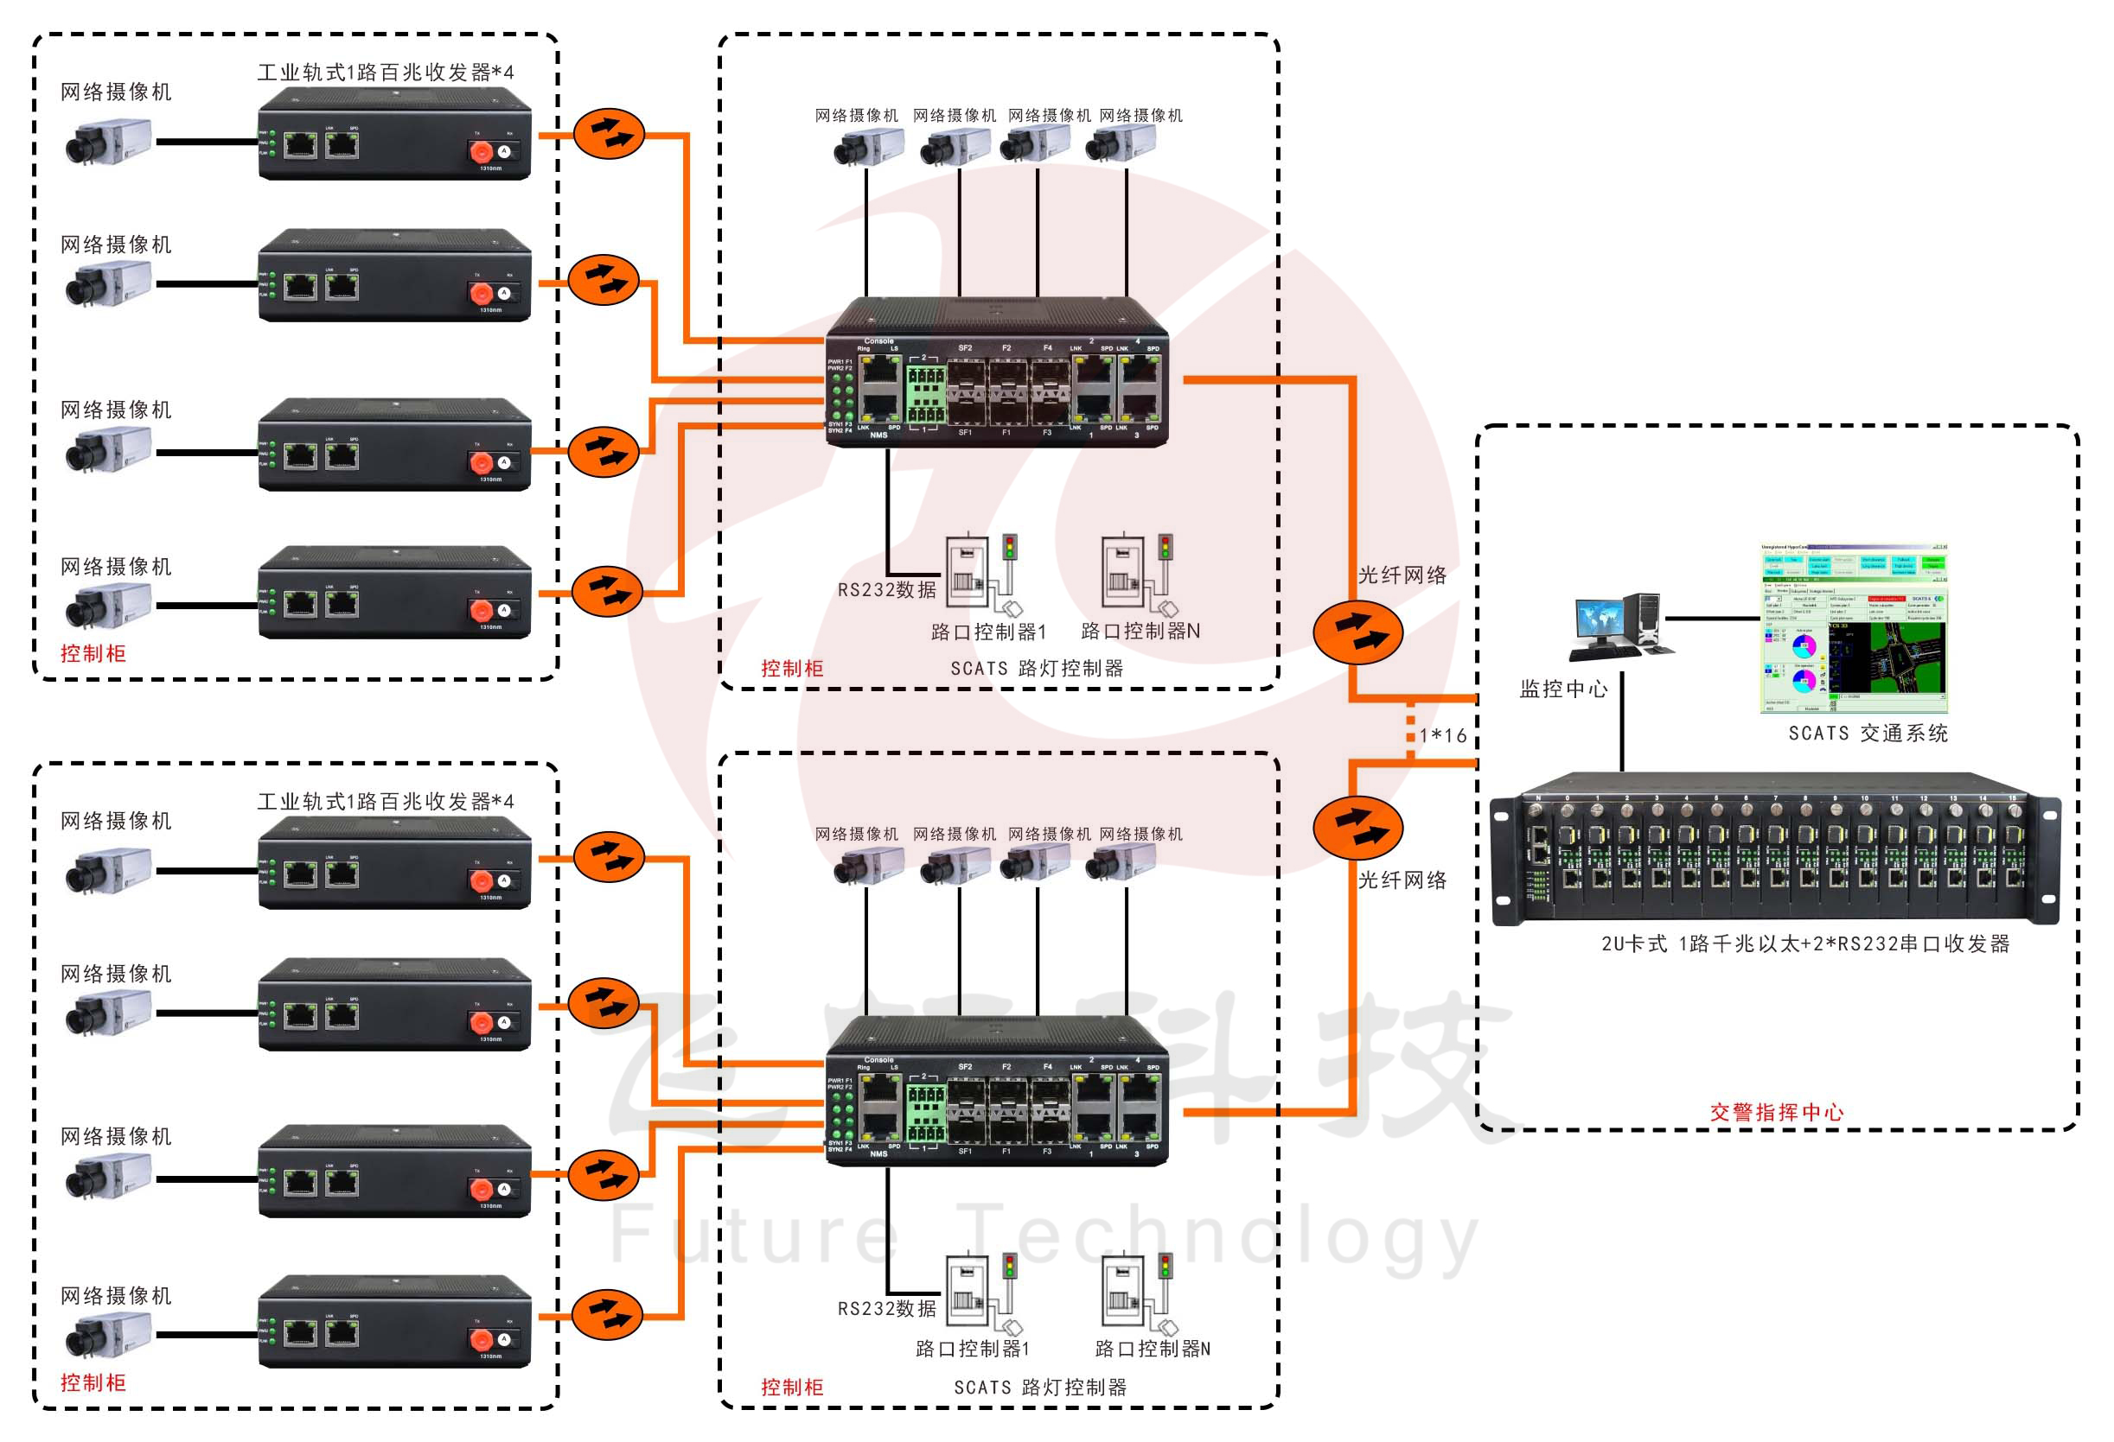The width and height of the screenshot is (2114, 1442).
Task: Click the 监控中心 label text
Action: point(1562,689)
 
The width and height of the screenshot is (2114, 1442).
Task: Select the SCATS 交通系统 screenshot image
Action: point(1853,628)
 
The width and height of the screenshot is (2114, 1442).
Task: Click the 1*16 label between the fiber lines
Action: point(1444,735)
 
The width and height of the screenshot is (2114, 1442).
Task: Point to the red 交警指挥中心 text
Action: point(1776,1112)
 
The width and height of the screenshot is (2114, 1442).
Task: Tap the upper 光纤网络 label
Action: point(1402,575)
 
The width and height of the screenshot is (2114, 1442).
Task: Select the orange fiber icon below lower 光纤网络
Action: point(1357,828)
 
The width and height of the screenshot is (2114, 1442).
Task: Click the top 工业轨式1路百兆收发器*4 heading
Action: point(385,73)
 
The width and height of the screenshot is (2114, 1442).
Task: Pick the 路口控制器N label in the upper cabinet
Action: point(1140,631)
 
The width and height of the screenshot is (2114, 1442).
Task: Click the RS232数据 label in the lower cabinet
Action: point(886,1308)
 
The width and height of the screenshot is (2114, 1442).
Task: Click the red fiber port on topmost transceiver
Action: point(480,151)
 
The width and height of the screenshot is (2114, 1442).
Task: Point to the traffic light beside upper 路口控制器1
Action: point(1009,548)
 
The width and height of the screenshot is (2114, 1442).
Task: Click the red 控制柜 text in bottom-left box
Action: point(93,1383)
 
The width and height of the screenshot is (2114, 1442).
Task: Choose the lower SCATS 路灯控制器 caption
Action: point(1040,1388)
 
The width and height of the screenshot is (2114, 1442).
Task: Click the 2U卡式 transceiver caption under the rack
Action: point(1804,943)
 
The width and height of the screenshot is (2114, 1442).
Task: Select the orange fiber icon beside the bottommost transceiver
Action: point(608,1314)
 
